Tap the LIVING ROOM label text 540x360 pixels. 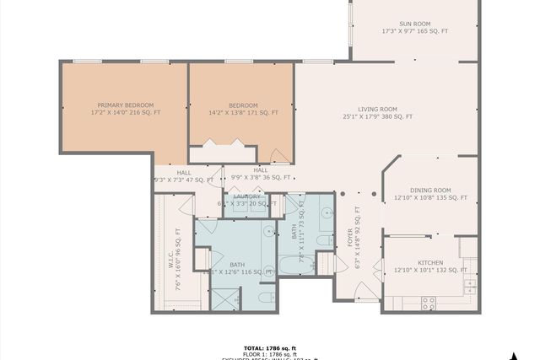click(x=377, y=109)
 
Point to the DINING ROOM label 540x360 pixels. click(x=430, y=191)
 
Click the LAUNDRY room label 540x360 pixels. click(x=247, y=196)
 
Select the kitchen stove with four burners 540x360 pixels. click(x=429, y=303)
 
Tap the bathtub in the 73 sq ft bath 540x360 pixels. click(x=297, y=265)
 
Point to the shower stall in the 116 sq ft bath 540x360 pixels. click(x=224, y=299)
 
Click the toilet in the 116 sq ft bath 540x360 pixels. click(x=265, y=298)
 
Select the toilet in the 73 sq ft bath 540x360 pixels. click(x=324, y=240)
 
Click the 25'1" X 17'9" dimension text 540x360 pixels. click(x=377, y=117)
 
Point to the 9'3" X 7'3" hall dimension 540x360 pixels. click(x=184, y=180)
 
